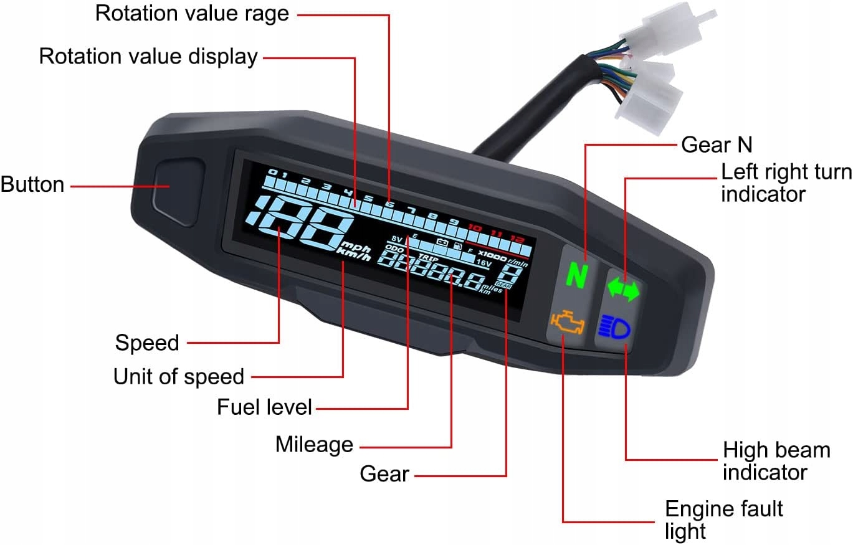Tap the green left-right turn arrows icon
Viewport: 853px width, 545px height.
tap(624, 289)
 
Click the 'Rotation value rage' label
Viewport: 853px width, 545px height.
tap(192, 14)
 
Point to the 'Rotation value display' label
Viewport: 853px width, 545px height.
tap(148, 57)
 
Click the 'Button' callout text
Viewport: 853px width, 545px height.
tap(32, 184)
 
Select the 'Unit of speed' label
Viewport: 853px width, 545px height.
tap(179, 377)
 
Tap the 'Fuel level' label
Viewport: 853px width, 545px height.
tap(264, 407)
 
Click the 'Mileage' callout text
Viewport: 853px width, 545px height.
tap(314, 445)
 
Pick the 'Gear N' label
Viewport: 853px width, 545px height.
tap(717, 145)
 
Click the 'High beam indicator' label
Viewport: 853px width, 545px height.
tap(776, 461)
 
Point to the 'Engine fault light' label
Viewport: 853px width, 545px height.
tap(723, 520)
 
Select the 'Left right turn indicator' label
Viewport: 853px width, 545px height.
tap(786, 182)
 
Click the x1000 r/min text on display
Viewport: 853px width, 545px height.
tap(502, 259)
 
